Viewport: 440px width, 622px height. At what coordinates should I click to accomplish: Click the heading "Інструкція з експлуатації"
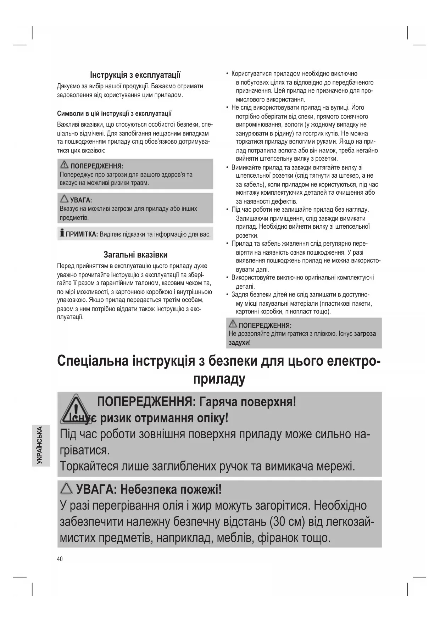(x=135, y=75)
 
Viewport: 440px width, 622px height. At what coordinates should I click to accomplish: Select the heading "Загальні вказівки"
(x=135, y=255)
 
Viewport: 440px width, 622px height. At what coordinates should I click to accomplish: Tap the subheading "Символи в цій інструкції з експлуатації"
(x=114, y=113)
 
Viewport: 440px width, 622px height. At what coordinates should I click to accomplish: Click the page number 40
(x=60, y=559)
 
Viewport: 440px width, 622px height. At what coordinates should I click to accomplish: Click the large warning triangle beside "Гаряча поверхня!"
(x=76, y=409)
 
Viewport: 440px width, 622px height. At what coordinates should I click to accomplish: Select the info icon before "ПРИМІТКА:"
(x=62, y=233)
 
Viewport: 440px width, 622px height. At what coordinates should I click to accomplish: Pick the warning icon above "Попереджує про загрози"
(x=64, y=165)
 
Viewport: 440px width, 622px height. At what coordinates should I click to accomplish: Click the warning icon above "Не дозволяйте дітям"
(x=233, y=324)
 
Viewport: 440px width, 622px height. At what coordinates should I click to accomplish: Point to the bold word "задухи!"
(x=240, y=343)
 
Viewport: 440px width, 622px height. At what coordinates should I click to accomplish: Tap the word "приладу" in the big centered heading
(x=219, y=379)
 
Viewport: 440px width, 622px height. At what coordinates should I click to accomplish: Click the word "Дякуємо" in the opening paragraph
(x=68, y=86)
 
